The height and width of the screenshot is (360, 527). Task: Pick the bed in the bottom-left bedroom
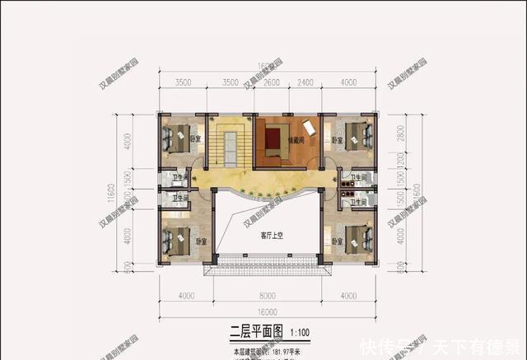pos(177,239)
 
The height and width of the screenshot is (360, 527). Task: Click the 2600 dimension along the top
pos(271,82)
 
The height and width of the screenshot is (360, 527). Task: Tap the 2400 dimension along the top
pos(305,82)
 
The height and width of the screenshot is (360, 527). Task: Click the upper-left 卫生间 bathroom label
pos(180,177)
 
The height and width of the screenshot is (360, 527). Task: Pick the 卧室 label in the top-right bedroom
pos(337,142)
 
